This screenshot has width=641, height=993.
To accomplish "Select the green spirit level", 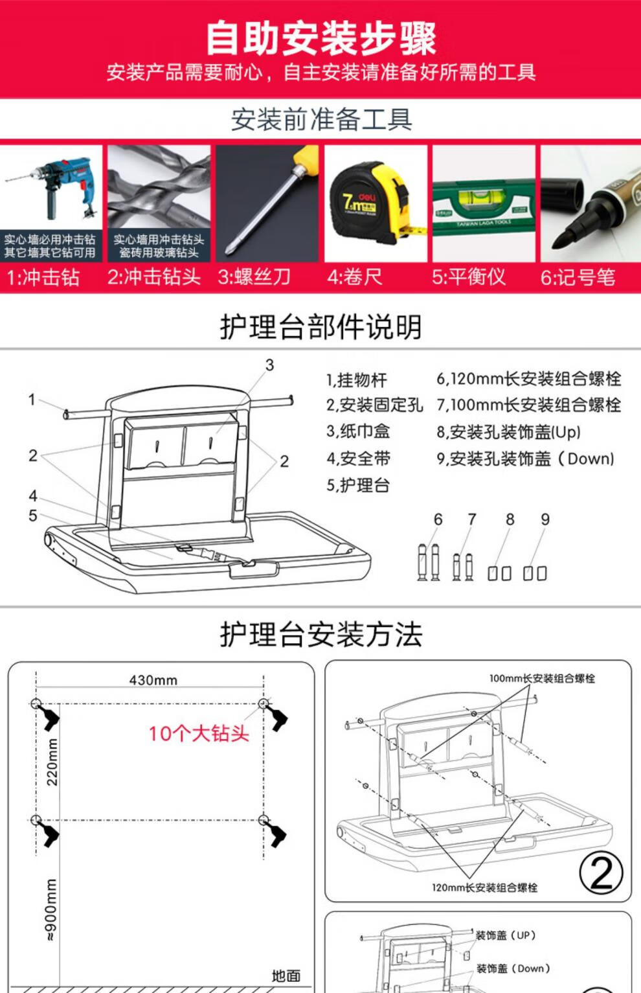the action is pos(484,206).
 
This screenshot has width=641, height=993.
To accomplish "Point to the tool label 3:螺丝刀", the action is pos(254,277).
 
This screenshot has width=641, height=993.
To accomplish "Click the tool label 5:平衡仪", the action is pos(469,277).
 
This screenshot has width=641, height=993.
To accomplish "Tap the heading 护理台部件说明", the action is pos(320,326).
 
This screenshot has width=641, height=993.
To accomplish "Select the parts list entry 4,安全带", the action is pos(358,459).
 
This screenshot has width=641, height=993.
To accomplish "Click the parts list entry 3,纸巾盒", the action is pos(358,431).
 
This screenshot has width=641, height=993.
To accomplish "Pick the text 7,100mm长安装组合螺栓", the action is pos(528,405).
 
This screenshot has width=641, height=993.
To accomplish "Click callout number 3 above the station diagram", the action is pos(269,365).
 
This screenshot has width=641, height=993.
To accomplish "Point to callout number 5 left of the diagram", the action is pos(33,516).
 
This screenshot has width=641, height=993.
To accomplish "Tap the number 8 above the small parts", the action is pos(510,519).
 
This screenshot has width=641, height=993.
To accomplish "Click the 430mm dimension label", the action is pos(153,680).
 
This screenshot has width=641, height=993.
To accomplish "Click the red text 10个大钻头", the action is pos(199,733).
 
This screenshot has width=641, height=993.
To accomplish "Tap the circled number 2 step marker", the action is pos(601,873).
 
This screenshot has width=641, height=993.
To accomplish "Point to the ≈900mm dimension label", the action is pos(51,909).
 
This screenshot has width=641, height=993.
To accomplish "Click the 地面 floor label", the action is pos(286,976).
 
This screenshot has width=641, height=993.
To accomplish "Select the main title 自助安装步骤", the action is pos(321,40).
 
